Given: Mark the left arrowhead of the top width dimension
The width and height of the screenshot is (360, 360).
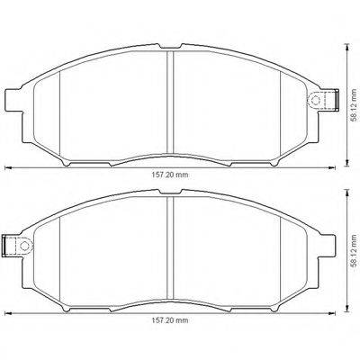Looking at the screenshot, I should point(8,169).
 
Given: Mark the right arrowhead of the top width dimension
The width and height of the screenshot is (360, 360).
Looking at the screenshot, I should point(336,169).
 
